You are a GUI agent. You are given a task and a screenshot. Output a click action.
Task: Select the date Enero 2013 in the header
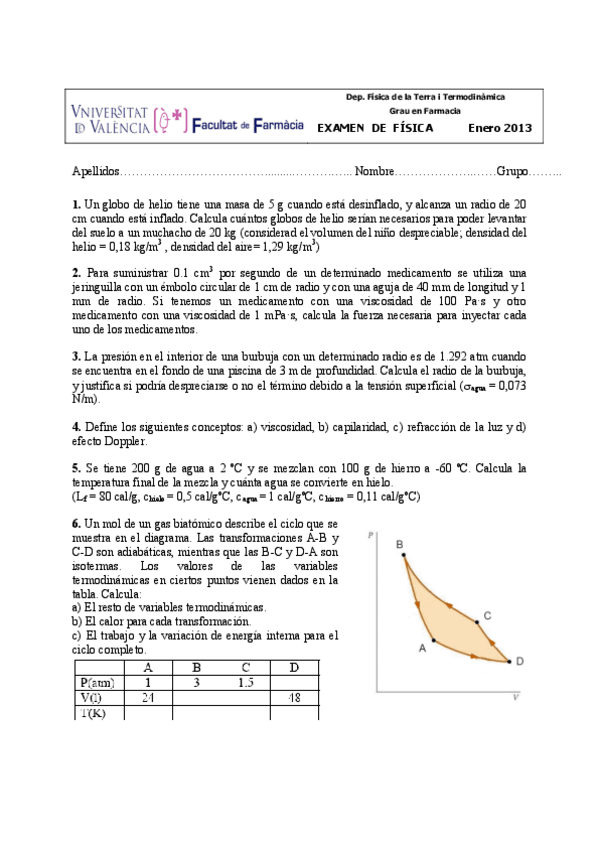coord(500,128)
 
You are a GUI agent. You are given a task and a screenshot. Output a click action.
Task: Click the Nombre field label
coord(375,172)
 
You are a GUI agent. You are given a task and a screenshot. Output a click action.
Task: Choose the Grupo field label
coord(512,172)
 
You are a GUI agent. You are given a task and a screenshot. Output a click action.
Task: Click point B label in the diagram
coord(399,544)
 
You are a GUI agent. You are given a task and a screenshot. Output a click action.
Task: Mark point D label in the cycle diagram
coord(519,661)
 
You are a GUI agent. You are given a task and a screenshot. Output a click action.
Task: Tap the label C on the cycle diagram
coord(486,616)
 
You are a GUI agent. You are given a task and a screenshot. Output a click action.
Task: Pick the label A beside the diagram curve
coord(422,648)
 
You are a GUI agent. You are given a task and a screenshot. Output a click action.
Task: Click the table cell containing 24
coord(148,697)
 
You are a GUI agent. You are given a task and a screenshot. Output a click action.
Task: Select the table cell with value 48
coord(293,697)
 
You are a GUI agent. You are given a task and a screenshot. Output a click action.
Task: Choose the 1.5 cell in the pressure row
coord(245,682)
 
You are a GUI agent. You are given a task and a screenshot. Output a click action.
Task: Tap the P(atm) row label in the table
coord(97,682)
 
